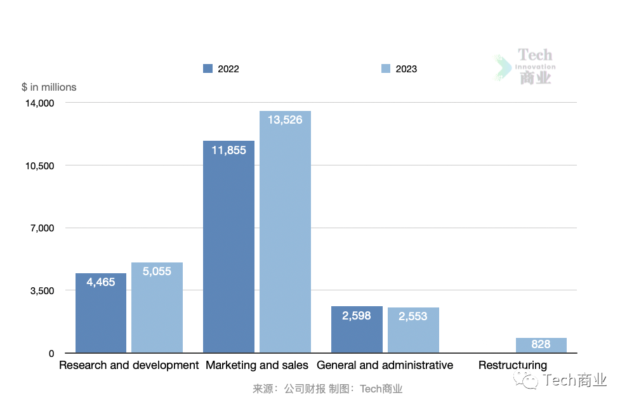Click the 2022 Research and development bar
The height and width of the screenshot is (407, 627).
pos(101,313)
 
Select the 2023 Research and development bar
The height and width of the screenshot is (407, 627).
pos(157,308)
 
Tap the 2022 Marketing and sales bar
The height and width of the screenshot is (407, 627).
pos(228,247)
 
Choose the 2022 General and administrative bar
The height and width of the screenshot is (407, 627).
pos(357,330)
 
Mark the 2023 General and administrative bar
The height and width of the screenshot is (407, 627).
pos(413,330)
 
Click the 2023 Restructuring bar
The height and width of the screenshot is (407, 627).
pos(541,345)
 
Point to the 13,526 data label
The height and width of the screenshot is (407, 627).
pos(285,119)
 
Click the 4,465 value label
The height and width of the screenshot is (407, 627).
pos(101,282)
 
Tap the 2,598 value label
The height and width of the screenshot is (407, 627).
pos(357,315)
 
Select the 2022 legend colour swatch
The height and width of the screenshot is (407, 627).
pos(208,68)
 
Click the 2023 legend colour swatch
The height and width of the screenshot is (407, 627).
pos(386,68)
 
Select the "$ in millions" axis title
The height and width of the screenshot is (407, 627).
pos(49,87)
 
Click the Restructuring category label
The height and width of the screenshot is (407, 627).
pos(512,365)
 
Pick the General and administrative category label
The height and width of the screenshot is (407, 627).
pos(385,365)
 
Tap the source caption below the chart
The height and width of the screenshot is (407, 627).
pos(327,389)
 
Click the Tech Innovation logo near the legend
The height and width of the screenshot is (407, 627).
pos(525,67)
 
